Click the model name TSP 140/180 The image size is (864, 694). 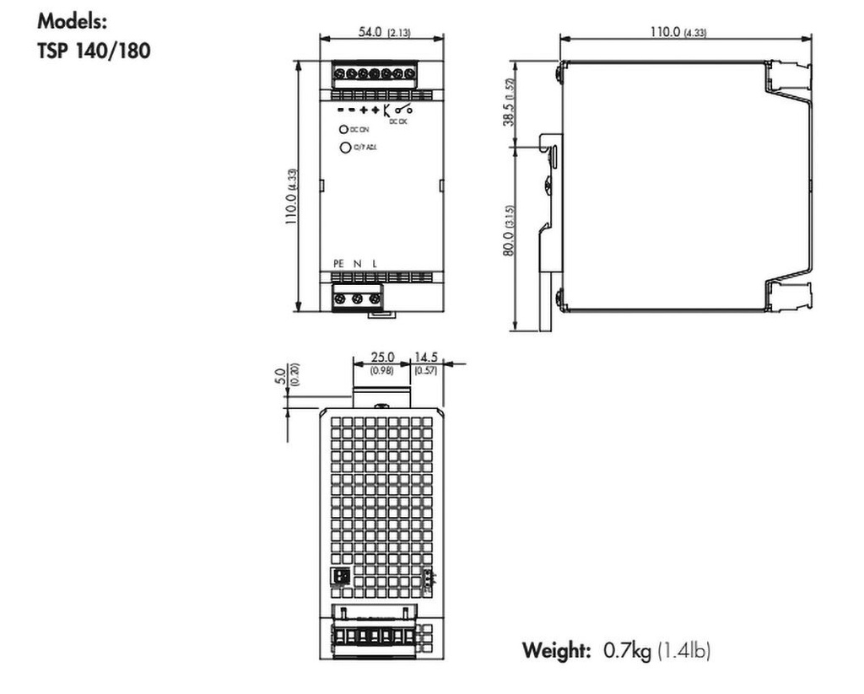[x=94, y=51]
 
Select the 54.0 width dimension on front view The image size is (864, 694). [x=370, y=31]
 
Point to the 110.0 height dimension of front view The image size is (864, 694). [x=290, y=197]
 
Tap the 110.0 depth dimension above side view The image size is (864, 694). [x=667, y=31]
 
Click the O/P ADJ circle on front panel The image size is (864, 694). [x=344, y=148]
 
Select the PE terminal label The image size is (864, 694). [x=338, y=264]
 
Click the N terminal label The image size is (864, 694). [x=357, y=264]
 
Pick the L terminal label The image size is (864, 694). [x=374, y=264]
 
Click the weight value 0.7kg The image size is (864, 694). [x=628, y=650]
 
